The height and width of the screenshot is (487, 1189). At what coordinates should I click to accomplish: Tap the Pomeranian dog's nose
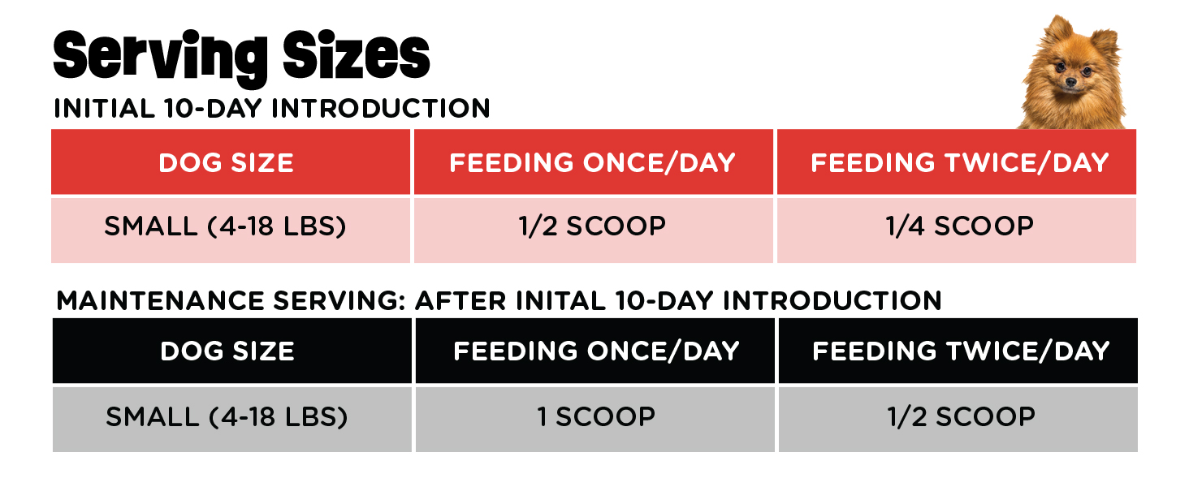pos(1070,82)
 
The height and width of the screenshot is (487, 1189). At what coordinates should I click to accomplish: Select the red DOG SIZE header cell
pos(231,162)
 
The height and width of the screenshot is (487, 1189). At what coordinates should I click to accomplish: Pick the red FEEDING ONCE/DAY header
pos(594,162)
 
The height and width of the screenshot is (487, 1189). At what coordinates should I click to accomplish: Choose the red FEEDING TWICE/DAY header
pos(957,162)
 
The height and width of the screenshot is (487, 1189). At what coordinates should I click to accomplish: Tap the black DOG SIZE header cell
pos(232,351)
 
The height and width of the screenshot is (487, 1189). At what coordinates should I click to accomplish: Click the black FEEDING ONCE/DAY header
pos(595,351)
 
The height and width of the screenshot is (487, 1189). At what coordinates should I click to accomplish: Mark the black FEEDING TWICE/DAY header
pos(958,351)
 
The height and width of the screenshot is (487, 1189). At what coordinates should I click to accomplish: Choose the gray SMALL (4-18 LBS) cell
pos(232,420)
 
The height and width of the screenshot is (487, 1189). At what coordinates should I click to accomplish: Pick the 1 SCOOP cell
pos(595,420)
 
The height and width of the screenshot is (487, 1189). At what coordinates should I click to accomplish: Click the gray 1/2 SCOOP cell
pos(958,420)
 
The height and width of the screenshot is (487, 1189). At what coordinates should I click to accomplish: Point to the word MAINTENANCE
pos(160,301)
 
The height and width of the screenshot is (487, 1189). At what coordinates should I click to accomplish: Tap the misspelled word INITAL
pos(560,301)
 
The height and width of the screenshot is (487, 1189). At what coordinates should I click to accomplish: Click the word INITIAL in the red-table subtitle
pos(104,108)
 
